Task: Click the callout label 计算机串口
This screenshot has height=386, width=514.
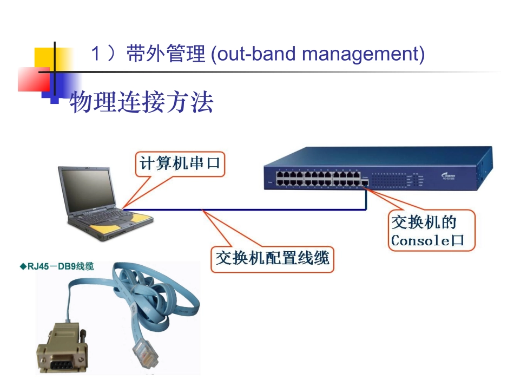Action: (180, 164)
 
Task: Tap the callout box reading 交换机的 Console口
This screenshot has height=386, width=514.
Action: (431, 231)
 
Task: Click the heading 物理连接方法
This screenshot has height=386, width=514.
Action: (142, 102)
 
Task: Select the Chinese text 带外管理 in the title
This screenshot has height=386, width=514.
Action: (166, 55)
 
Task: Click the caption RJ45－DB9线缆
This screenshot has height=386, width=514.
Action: (56, 266)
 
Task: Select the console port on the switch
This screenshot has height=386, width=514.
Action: (366, 184)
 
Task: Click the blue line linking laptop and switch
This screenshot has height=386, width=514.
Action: (243, 208)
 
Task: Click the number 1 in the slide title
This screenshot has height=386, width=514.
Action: (95, 55)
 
